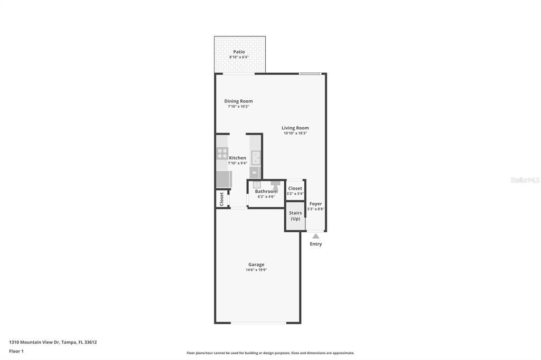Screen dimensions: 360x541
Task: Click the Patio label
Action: coord(239,52)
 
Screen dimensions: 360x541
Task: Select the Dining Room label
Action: coord(238,101)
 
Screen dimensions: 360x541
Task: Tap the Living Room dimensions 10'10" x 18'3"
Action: coord(295,134)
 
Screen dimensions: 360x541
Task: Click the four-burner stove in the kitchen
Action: coord(222,154)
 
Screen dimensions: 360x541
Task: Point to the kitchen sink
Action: coord(256,157)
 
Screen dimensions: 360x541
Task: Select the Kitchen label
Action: coord(238,158)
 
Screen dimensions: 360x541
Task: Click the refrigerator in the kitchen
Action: coord(223,179)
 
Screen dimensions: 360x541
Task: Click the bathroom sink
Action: coord(257,184)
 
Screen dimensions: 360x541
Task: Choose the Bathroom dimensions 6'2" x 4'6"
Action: coord(266,197)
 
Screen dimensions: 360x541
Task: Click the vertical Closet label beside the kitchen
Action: coord(222,199)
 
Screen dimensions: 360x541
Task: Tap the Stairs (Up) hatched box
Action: coord(295,216)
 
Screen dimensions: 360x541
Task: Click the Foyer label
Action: coord(315,204)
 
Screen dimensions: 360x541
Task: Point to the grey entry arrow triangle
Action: coord(315,236)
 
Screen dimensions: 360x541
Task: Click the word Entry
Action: coord(315,244)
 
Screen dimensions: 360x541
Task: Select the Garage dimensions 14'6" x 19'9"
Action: coord(256,270)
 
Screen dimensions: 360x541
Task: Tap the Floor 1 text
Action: coord(16,351)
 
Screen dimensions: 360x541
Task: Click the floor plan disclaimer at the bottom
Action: coord(270,353)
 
